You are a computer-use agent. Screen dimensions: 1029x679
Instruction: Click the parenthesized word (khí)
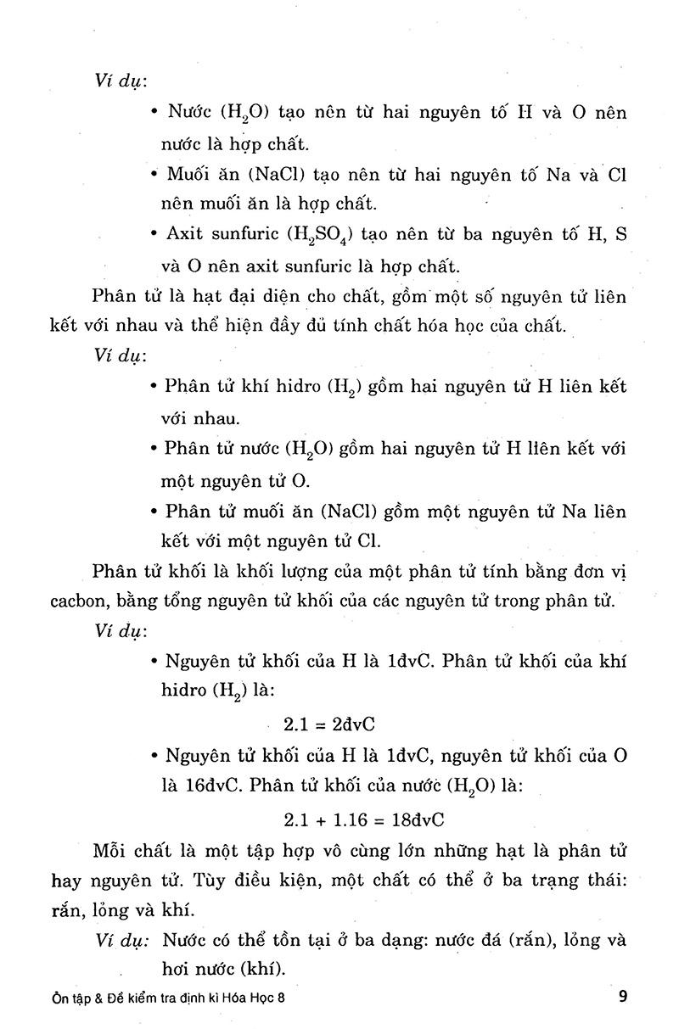pyautogui.click(x=266, y=970)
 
